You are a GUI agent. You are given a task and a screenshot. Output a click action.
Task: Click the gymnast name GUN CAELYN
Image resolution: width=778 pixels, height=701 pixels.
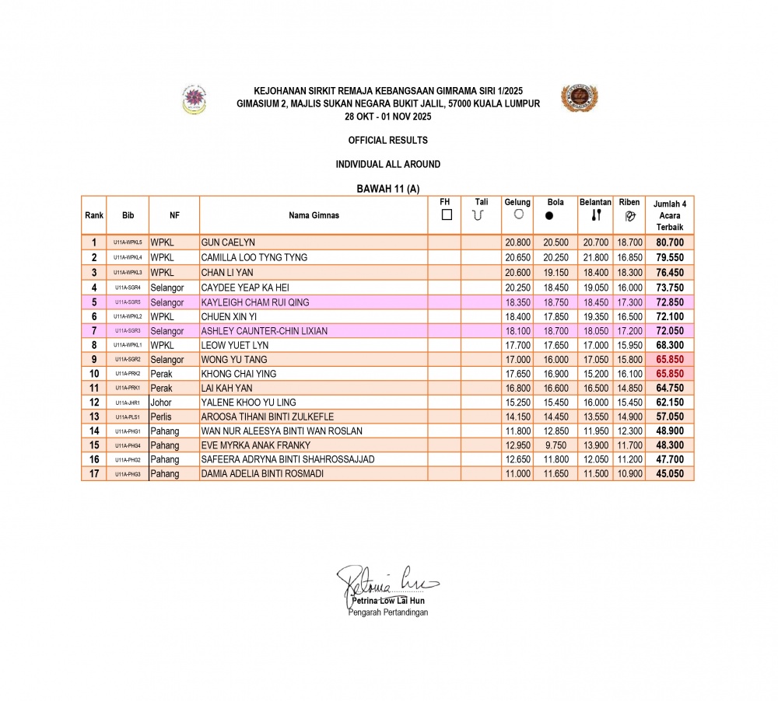(x=228, y=242)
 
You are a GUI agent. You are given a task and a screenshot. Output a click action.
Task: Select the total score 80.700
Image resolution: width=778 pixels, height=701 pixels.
(x=670, y=242)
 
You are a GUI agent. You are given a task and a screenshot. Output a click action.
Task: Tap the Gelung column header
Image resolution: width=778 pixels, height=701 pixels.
(x=517, y=203)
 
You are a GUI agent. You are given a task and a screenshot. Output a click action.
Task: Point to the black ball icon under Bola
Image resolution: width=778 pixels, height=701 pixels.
(x=549, y=215)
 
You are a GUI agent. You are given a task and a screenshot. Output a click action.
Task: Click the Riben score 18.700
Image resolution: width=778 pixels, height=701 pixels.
(x=629, y=242)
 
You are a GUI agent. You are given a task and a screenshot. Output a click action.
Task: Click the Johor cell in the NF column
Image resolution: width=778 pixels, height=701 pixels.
(x=161, y=403)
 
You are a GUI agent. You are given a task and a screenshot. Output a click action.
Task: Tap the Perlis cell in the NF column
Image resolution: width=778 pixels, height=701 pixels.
(x=161, y=417)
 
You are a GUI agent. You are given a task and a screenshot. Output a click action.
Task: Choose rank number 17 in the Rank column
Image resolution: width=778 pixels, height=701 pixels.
(x=93, y=473)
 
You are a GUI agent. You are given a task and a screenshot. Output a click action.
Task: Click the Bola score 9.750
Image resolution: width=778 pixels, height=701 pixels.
(x=555, y=445)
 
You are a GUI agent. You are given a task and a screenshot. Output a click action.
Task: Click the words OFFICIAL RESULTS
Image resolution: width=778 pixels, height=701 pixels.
(x=388, y=141)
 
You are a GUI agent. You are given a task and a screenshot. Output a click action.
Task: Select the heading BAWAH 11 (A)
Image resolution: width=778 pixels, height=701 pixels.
(x=387, y=189)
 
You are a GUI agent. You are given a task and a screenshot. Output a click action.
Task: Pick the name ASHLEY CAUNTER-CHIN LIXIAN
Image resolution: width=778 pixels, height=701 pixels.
(x=264, y=331)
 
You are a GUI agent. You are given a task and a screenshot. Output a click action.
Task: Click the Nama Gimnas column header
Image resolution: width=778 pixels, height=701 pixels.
(x=314, y=215)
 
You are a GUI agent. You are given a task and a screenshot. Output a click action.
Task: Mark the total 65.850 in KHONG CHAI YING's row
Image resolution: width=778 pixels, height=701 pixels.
(x=670, y=374)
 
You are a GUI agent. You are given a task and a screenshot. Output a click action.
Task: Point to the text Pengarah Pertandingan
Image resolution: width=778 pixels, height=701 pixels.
(x=387, y=612)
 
